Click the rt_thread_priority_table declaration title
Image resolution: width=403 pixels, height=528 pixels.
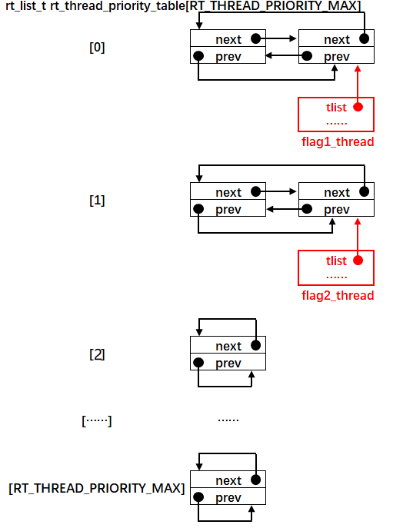(x=183, y=7)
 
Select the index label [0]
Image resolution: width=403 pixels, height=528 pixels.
(x=98, y=47)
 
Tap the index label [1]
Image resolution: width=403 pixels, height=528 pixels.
(x=98, y=201)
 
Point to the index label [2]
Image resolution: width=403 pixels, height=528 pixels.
(x=98, y=354)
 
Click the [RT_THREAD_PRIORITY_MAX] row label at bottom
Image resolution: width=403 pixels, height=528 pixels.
(x=97, y=488)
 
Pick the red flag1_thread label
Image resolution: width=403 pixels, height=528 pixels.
(x=337, y=141)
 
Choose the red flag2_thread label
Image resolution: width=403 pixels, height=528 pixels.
(x=337, y=295)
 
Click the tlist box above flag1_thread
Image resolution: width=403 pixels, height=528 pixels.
(x=336, y=114)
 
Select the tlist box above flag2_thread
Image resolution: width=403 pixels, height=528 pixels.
(x=336, y=267)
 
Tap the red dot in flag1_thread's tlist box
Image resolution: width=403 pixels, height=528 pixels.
(x=358, y=108)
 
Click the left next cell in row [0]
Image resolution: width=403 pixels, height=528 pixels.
(x=228, y=39)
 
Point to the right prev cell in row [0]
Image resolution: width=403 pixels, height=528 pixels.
(x=336, y=56)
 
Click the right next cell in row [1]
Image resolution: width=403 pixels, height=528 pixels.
(x=336, y=192)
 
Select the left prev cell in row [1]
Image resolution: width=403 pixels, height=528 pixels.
(x=228, y=209)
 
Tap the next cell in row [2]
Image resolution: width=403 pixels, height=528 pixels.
(x=228, y=346)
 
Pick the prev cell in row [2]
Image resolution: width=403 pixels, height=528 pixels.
(x=228, y=363)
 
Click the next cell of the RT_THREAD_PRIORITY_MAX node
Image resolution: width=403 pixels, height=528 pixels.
(x=228, y=480)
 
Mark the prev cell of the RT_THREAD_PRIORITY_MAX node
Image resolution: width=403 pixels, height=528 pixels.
(x=228, y=497)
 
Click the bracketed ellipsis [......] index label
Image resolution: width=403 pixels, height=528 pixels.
(x=97, y=420)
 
